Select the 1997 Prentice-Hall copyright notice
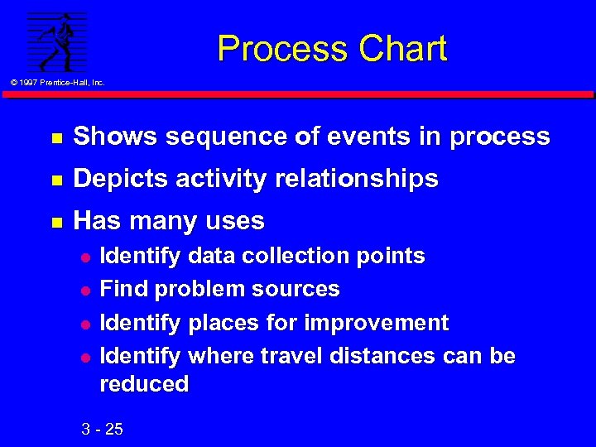57,82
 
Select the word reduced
143,383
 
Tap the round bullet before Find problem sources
83,290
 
